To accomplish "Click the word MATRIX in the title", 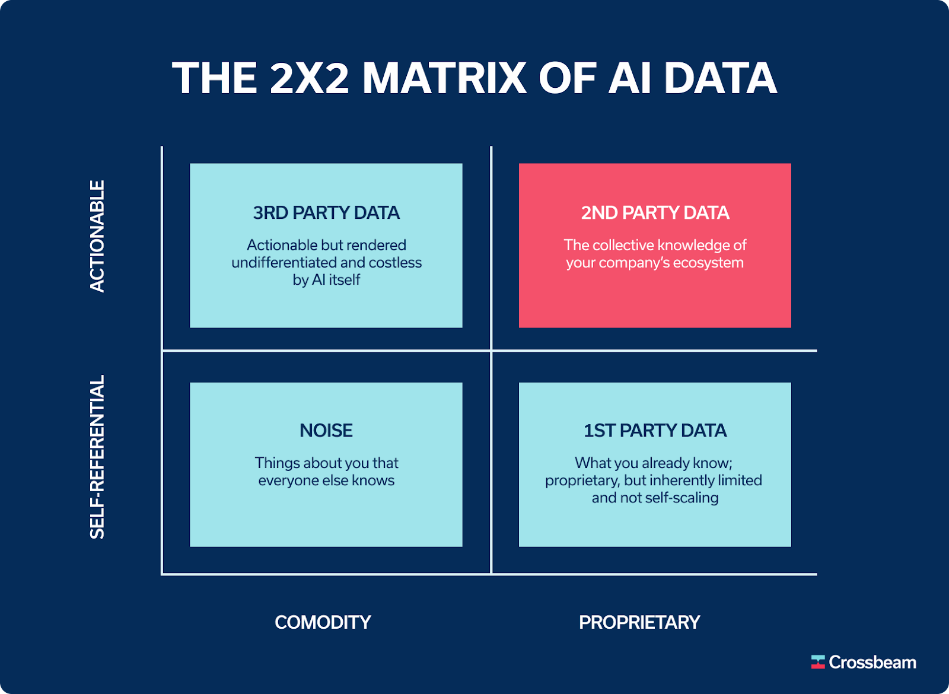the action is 444,78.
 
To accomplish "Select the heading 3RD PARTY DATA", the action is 326,213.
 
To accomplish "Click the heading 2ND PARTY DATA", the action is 655,213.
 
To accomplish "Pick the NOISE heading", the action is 326,431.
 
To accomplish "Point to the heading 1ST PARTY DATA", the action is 655,431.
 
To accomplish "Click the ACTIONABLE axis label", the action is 97,236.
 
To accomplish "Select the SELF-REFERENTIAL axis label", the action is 97,457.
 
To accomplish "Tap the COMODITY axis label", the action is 323,622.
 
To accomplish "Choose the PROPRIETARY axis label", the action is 639,622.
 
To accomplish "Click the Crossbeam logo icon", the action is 818,662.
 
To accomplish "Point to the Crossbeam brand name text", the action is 872,662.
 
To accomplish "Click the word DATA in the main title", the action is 720,78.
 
